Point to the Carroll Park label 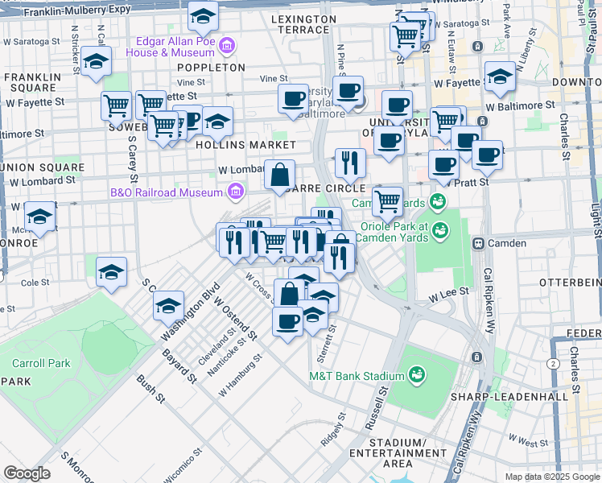click(x=35, y=363)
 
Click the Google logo click(x=27, y=473)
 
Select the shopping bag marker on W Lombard click(x=279, y=175)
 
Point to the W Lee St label click(x=447, y=297)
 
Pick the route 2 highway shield click(x=553, y=365)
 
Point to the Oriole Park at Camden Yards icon click(x=440, y=231)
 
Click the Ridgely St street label click(x=332, y=430)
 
